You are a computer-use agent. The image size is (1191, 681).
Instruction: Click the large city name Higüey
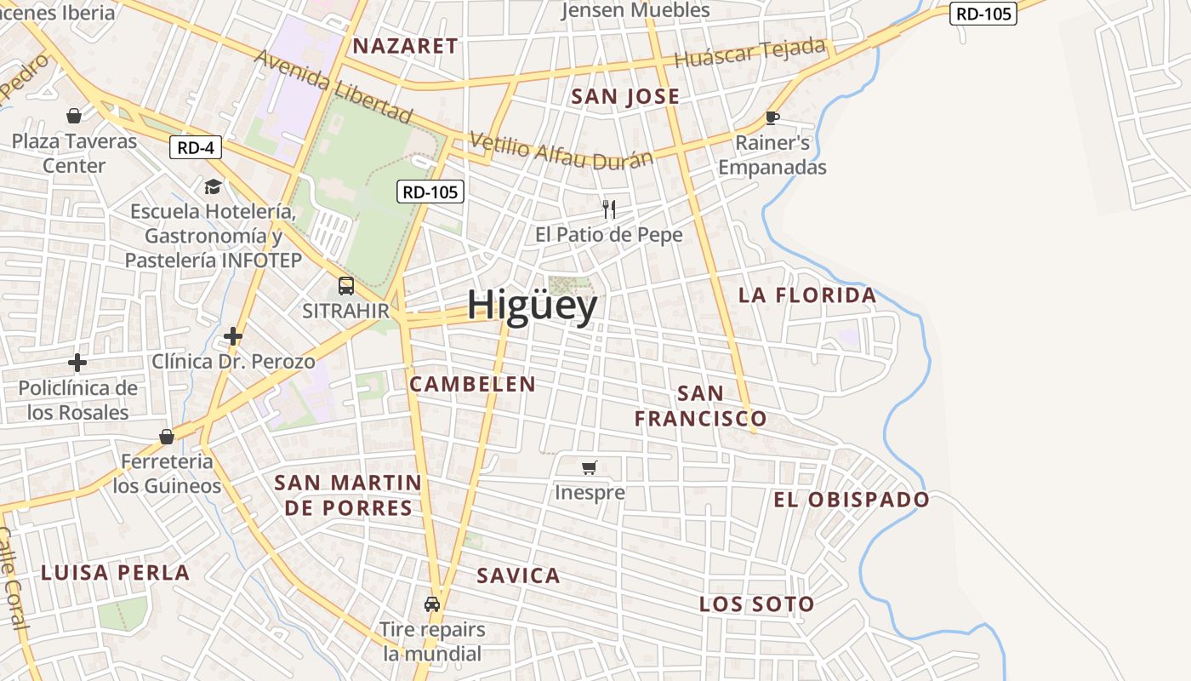pyautogui.click(x=532, y=306)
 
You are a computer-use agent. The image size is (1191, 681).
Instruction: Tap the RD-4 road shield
pyautogui.click(x=195, y=147)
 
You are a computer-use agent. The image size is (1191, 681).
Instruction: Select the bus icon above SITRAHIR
pyautogui.click(x=346, y=286)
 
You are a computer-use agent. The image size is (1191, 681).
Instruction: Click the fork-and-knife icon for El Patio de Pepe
pyautogui.click(x=609, y=209)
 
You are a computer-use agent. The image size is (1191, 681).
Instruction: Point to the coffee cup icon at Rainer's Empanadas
pyautogui.click(x=772, y=117)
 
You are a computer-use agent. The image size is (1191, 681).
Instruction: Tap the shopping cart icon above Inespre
pyautogui.click(x=590, y=467)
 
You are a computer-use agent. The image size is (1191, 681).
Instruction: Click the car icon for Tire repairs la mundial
pyautogui.click(x=432, y=604)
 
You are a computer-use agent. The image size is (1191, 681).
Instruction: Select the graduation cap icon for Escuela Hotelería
pyautogui.click(x=212, y=186)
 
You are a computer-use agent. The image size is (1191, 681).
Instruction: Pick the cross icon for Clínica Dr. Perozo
pyautogui.click(x=233, y=336)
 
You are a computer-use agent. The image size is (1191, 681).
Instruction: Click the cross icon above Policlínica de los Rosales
pyautogui.click(x=77, y=363)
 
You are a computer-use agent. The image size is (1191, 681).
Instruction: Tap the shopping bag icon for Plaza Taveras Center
pyautogui.click(x=74, y=116)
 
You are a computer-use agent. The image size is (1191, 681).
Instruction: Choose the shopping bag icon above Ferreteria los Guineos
pyautogui.click(x=167, y=437)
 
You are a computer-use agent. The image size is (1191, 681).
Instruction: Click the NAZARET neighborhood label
pyautogui.click(x=406, y=46)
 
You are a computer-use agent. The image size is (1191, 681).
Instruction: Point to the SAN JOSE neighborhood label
pyautogui.click(x=625, y=97)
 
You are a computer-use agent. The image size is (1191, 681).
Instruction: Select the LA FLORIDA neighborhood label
pyautogui.click(x=807, y=295)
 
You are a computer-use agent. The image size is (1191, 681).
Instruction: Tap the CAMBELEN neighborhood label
pyautogui.click(x=473, y=384)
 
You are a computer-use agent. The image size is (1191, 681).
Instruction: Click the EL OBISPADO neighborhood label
pyautogui.click(x=852, y=500)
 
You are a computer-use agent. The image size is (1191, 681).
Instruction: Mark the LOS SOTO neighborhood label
pyautogui.click(x=757, y=604)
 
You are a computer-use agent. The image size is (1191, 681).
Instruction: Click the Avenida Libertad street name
pyautogui.click(x=333, y=85)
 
